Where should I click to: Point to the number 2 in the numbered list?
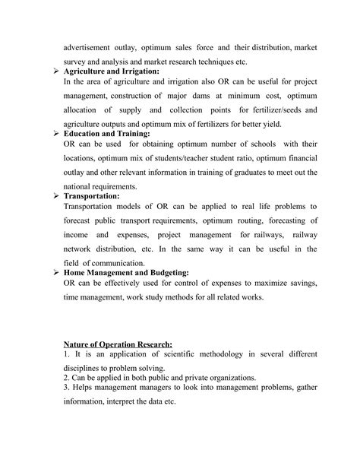[66, 378]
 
